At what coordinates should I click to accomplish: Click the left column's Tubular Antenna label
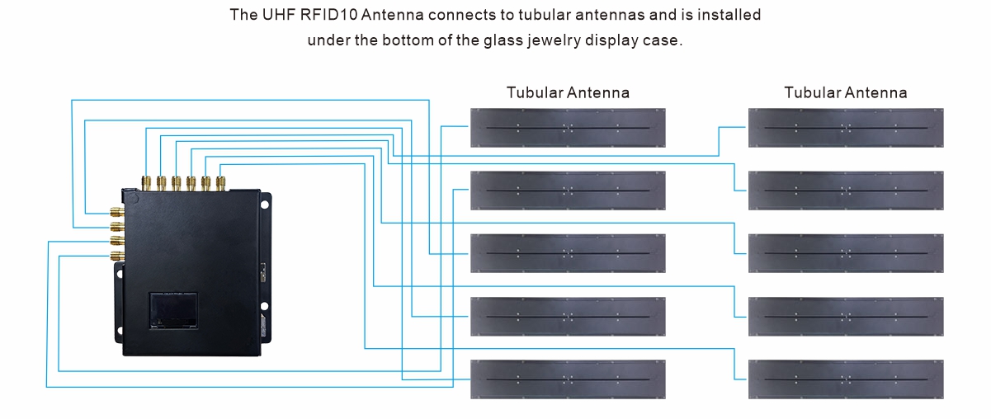(568, 92)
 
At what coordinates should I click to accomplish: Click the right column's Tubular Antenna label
(846, 92)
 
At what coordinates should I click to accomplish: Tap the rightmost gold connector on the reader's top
(220, 182)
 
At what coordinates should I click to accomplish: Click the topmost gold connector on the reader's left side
(116, 213)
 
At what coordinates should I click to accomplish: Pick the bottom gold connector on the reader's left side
(116, 256)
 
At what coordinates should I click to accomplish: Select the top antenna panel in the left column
(568, 128)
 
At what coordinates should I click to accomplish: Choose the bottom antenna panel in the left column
(568, 379)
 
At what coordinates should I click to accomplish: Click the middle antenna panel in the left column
(568, 253)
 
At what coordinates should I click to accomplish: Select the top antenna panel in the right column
(846, 128)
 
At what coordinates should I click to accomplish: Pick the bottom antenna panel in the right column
(846, 379)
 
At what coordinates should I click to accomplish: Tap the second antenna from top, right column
(846, 191)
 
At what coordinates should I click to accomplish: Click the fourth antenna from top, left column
(568, 317)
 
